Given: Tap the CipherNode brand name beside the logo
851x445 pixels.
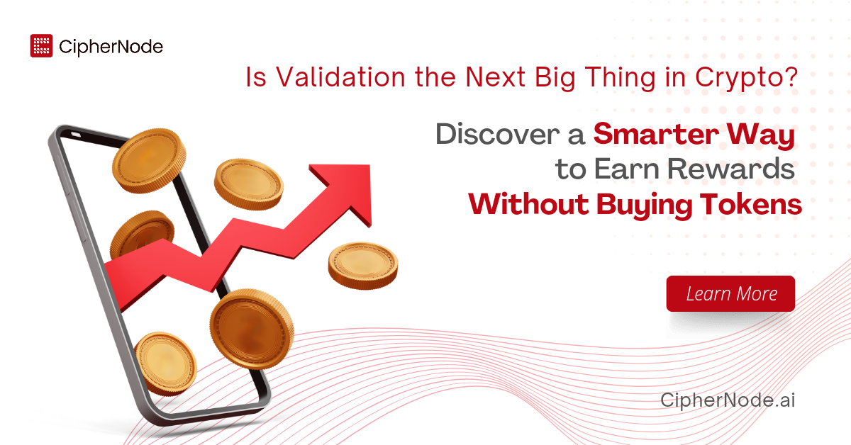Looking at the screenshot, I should coord(111,47).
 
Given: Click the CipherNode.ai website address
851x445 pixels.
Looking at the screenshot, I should coord(728,400).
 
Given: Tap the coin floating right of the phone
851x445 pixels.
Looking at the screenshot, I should coord(362,264).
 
